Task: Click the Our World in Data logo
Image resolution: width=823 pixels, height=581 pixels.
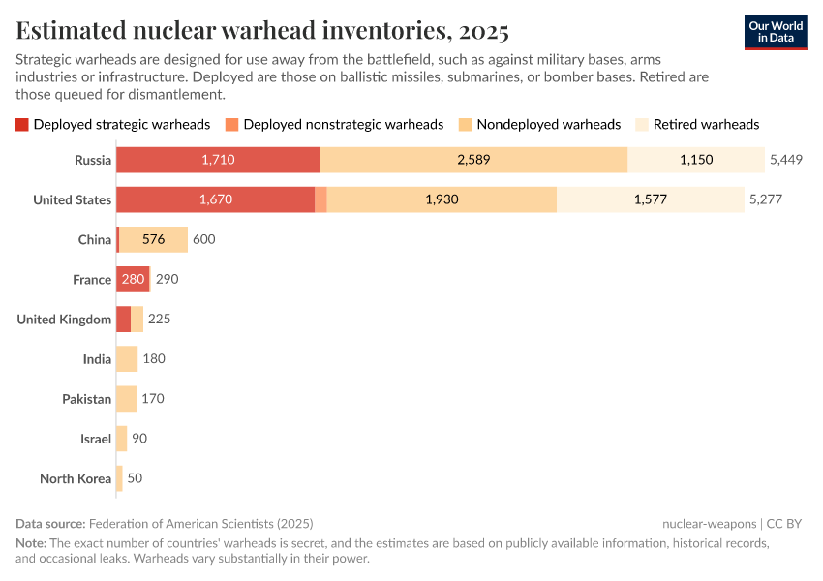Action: coord(776,31)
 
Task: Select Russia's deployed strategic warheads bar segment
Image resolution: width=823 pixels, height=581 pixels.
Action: coord(218,160)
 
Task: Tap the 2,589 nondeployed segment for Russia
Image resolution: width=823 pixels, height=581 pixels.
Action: coord(473,160)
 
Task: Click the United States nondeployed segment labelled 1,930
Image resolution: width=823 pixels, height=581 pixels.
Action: coord(442,199)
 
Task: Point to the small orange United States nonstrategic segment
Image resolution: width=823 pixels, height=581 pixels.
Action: coord(320,199)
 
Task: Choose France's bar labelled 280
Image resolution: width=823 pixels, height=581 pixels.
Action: coord(133,279)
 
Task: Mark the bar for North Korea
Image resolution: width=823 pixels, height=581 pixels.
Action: coord(119,478)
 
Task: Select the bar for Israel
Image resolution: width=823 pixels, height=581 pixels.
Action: coord(121,439)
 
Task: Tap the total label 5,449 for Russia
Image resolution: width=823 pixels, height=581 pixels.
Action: coord(785,160)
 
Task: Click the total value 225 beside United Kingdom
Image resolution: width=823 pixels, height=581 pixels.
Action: coord(160,319)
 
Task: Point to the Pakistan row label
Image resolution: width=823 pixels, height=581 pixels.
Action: coord(87,399)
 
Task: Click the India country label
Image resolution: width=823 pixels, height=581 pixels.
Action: coord(97,359)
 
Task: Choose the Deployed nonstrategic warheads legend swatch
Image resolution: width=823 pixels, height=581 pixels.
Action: coord(231,124)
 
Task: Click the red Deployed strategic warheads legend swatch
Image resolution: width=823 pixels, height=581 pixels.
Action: coord(22,124)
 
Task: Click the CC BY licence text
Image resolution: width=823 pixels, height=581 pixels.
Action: coord(784,523)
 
